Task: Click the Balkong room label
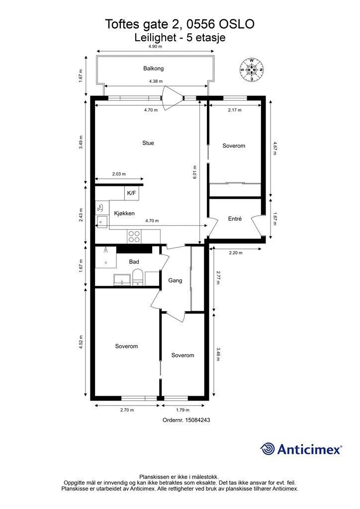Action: pos(153,69)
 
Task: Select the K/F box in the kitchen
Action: pos(131,193)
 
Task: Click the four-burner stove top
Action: pos(134,236)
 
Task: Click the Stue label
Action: pos(148,143)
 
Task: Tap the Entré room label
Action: pos(235,219)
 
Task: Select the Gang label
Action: pos(175,280)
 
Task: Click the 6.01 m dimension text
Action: pos(195,172)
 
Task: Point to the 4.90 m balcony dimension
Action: pos(155,46)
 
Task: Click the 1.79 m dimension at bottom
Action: pos(182,410)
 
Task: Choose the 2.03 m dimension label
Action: pos(119,174)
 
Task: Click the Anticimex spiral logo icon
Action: pos(267,449)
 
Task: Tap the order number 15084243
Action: pos(197,420)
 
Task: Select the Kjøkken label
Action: pos(124,213)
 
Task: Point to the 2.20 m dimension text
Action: pos(235,253)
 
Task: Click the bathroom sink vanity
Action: pos(122,280)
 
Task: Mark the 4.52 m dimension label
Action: pos(81,342)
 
